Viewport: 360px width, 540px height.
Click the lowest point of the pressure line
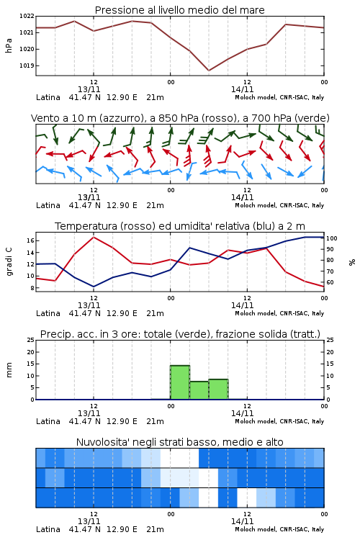209,71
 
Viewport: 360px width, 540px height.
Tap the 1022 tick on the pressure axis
27,16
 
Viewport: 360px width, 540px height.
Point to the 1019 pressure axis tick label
27,66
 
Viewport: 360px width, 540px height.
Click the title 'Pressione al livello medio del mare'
179,10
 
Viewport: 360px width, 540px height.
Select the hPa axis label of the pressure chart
9,45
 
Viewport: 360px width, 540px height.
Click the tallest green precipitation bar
180,382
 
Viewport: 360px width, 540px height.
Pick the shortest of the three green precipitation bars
199,390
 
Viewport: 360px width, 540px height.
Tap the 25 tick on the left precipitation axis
31,340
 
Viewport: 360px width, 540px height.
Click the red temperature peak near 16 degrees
94,237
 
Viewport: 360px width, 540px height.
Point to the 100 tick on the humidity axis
332,238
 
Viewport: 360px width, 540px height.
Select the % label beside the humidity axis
352,262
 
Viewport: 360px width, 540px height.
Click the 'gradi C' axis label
9,262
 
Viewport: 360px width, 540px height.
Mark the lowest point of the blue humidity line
94,287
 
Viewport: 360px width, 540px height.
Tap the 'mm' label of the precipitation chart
9,370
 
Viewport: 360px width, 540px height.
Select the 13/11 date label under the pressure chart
89,89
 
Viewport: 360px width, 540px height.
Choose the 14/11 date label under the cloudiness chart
242,521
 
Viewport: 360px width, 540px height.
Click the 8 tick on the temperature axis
32,288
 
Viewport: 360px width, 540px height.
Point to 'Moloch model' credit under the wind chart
256,205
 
